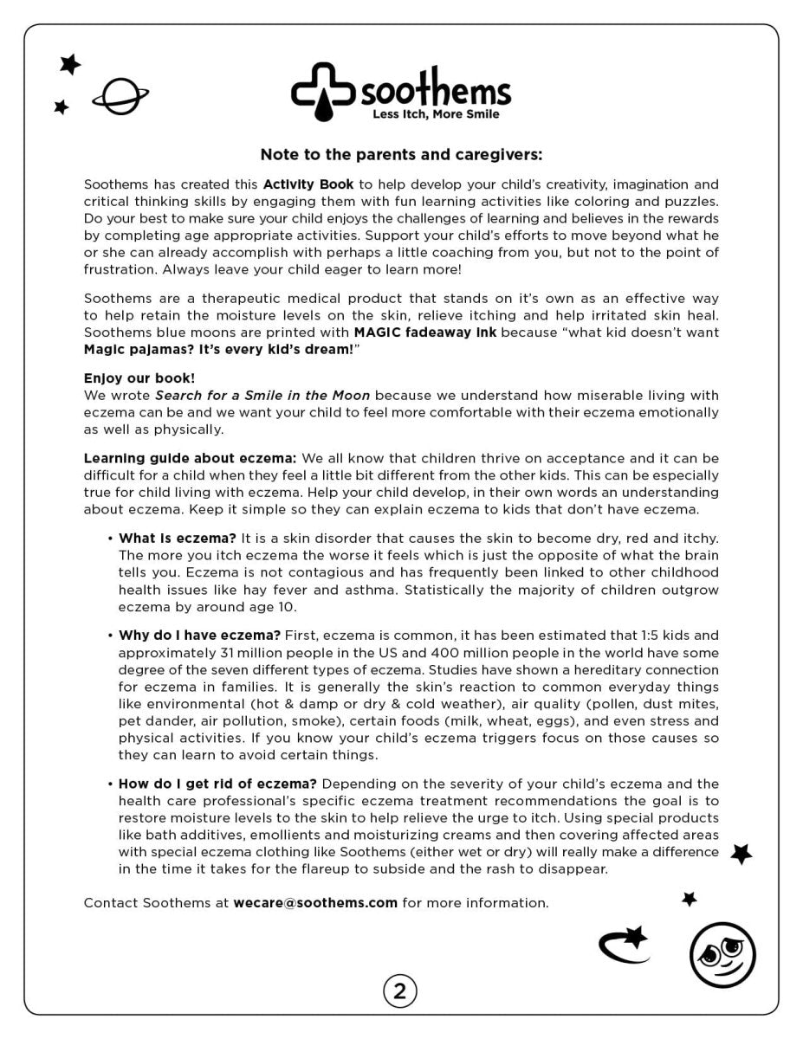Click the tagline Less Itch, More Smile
point(436,114)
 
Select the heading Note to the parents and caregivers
point(400,155)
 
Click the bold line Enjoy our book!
point(127,378)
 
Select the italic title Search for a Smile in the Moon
point(263,395)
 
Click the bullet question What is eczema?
point(178,539)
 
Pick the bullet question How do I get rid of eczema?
point(217,784)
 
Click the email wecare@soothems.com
point(315,902)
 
